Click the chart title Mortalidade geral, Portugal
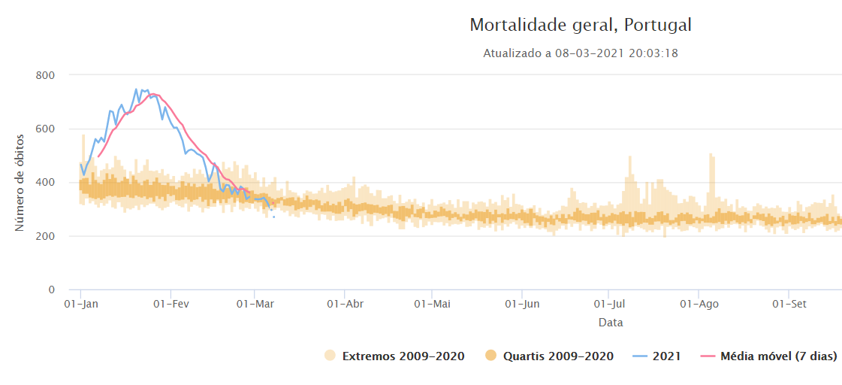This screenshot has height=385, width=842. [x=581, y=25]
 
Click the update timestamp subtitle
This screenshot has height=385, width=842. [x=581, y=53]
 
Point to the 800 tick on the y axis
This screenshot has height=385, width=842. [x=47, y=75]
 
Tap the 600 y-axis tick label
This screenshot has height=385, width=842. [x=47, y=129]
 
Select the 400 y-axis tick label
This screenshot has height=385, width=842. [x=47, y=183]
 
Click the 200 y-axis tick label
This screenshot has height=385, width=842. [x=47, y=236]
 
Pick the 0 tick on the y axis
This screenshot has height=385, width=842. [x=52, y=290]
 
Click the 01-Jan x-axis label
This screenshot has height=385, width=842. [x=80, y=305]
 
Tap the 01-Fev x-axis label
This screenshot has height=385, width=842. [x=171, y=305]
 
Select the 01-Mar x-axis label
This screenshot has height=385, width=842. [x=255, y=305]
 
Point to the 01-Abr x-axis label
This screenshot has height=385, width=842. [x=345, y=305]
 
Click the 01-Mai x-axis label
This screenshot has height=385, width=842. [x=431, y=305]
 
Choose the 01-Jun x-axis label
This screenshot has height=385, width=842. [x=521, y=305]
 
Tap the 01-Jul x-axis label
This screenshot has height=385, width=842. [x=608, y=305]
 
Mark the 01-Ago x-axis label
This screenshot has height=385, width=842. [x=699, y=305]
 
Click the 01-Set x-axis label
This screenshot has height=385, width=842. [x=789, y=305]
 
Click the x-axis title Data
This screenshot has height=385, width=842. [x=611, y=323]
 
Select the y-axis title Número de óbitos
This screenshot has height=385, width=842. [x=20, y=183]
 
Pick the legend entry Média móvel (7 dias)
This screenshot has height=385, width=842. [x=778, y=356]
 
